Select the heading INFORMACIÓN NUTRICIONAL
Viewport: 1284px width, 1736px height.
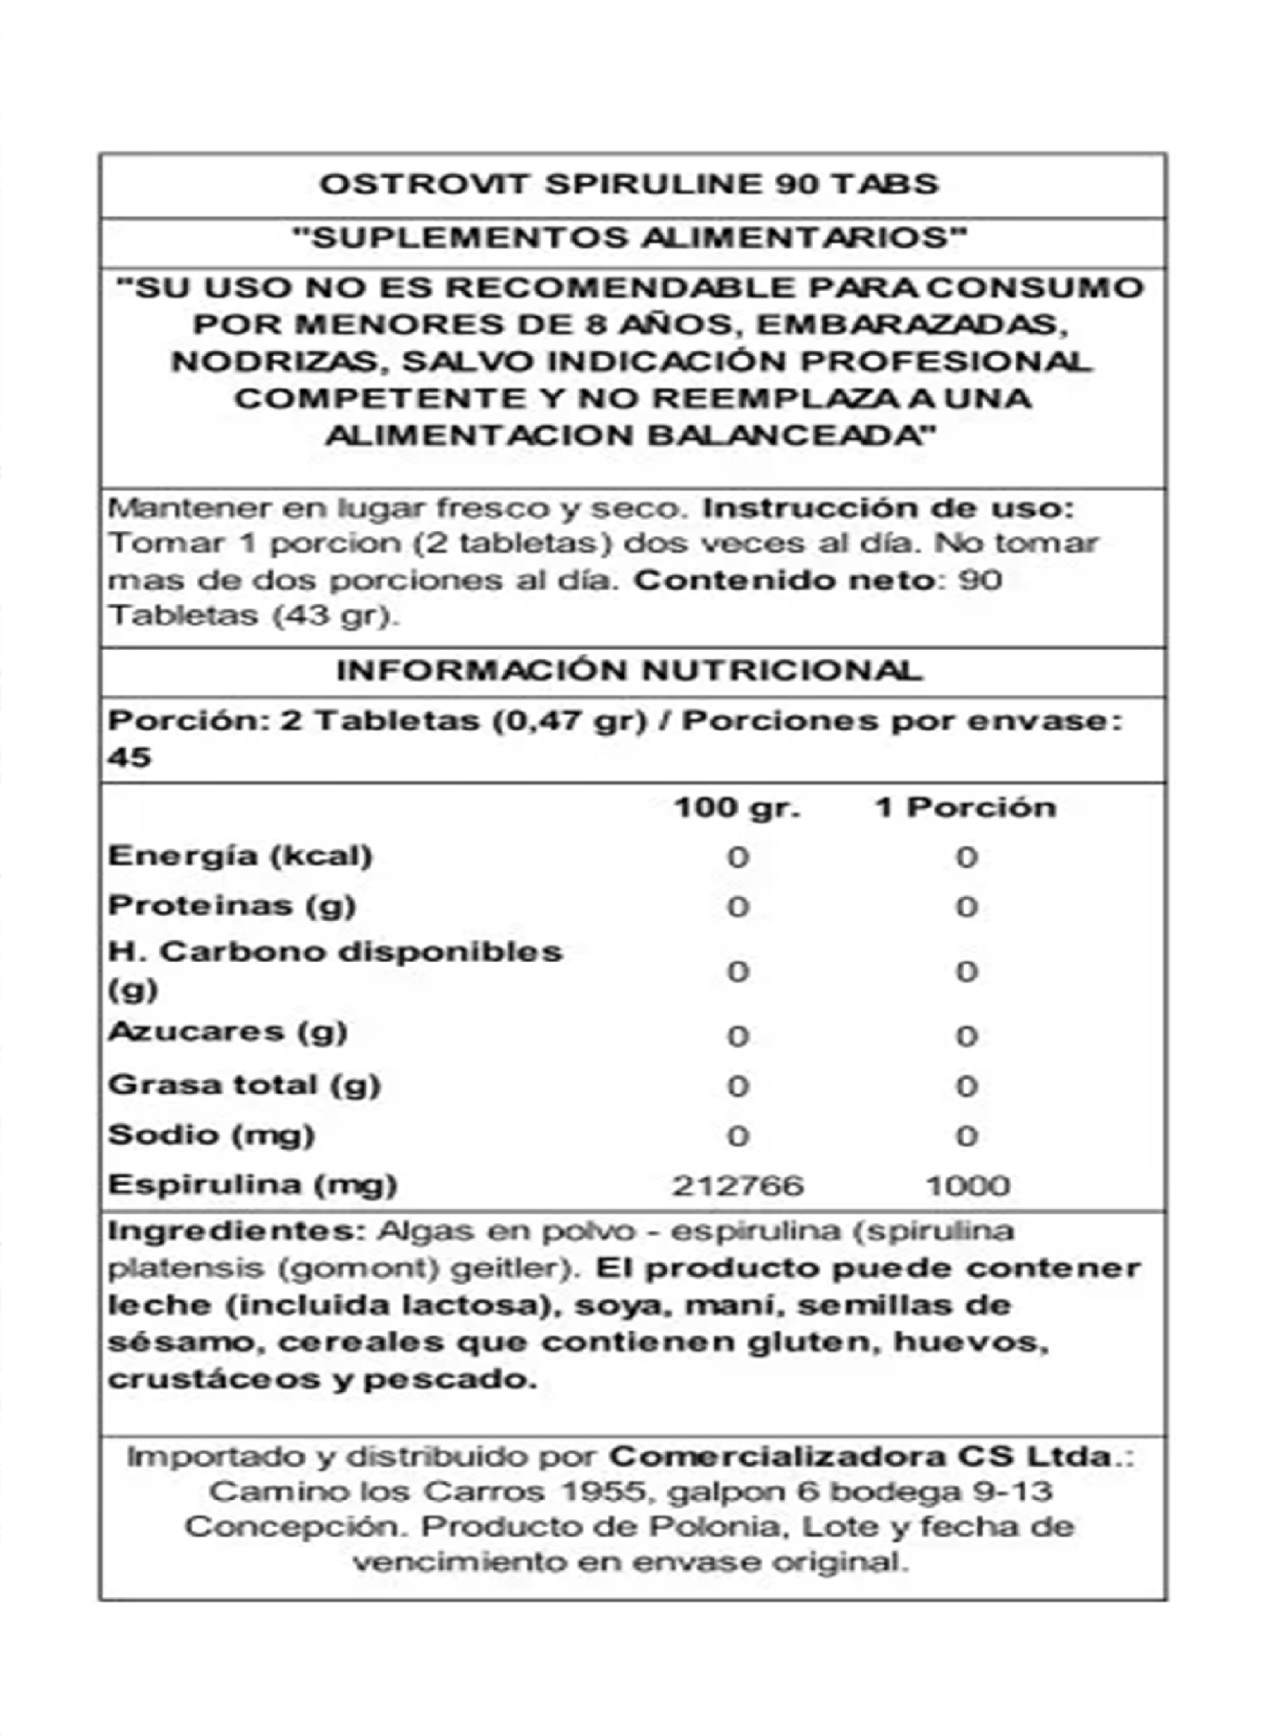coord(630,671)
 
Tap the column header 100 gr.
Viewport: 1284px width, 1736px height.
coord(736,808)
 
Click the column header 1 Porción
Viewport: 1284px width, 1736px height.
coord(965,808)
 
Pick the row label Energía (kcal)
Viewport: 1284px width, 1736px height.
coord(240,856)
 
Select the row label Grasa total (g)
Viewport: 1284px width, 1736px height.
coord(244,1085)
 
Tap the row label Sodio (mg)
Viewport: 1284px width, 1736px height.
coord(212,1136)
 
